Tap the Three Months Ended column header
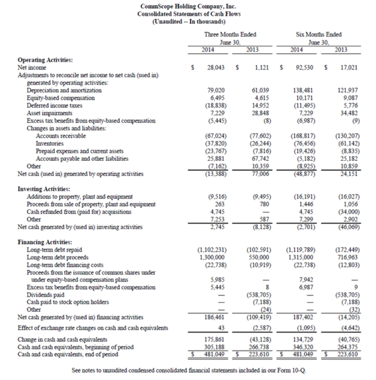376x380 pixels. pos(230,34)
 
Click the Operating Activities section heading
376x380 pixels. pos(44,59)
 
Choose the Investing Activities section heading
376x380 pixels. pos(44,188)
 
